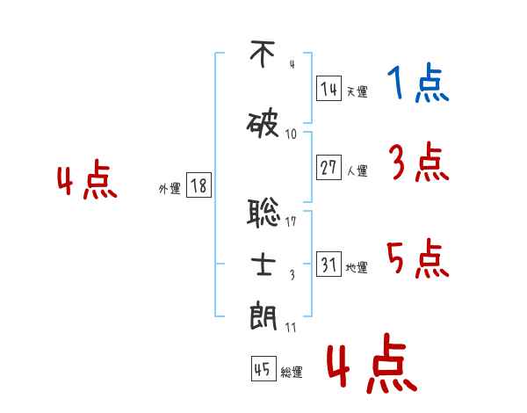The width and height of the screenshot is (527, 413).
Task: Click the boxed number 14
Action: click(x=328, y=89)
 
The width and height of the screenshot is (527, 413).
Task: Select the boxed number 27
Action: click(x=328, y=169)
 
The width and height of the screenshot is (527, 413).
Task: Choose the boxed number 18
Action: click(x=199, y=185)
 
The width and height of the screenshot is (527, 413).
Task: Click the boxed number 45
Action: click(x=263, y=370)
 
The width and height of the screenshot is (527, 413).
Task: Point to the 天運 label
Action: click(x=357, y=91)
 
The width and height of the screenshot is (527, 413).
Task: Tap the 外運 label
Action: click(x=170, y=188)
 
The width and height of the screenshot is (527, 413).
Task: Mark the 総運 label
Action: click(x=292, y=373)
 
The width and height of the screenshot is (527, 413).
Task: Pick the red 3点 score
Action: click(x=419, y=163)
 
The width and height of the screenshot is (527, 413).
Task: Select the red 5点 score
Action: click(x=417, y=258)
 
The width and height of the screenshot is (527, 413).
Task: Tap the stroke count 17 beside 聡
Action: click(x=292, y=221)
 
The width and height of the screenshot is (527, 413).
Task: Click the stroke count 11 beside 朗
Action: click(x=291, y=328)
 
